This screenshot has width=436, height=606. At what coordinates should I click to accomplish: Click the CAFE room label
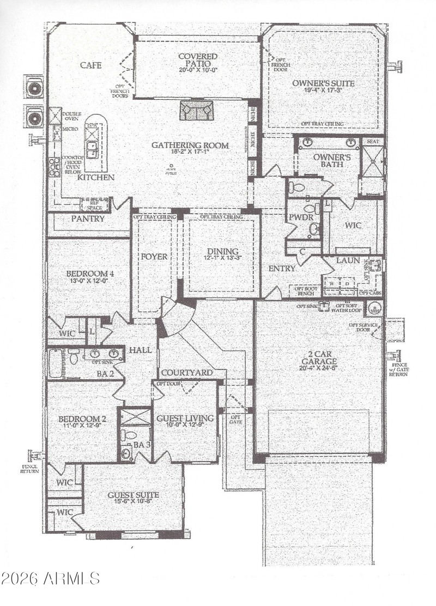(91, 65)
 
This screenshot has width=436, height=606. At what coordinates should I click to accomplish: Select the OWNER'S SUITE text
(323, 84)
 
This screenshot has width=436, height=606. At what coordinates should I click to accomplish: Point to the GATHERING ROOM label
(190, 146)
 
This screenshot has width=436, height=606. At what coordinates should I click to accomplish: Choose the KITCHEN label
(95, 178)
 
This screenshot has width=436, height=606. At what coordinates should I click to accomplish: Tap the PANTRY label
(87, 219)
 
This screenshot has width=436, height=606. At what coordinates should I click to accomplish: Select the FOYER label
(154, 256)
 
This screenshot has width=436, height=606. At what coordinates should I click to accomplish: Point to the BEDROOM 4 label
(88, 274)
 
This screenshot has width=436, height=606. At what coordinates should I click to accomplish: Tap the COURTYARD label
(186, 373)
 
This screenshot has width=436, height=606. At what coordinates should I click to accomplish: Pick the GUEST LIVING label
(184, 419)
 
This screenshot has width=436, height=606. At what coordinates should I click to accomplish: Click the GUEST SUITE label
(133, 495)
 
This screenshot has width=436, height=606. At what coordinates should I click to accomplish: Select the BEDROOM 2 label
(82, 420)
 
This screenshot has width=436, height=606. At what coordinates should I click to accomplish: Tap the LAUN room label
(348, 260)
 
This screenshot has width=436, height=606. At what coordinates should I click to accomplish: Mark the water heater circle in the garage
(373, 307)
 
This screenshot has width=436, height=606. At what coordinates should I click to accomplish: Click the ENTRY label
(282, 269)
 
